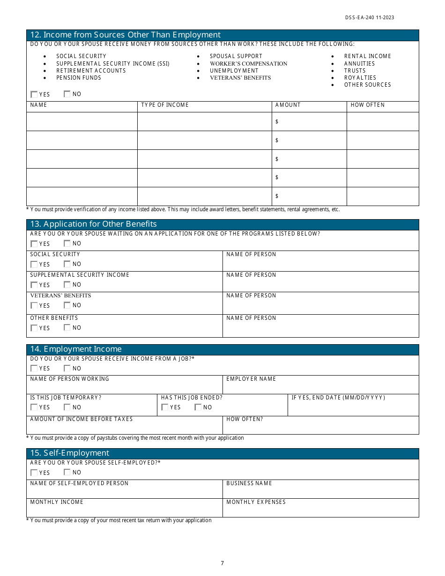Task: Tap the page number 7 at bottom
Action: coord(222,563)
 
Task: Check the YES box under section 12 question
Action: coord(34,94)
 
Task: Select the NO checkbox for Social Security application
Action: coord(67,264)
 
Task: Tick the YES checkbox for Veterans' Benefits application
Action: coord(34,305)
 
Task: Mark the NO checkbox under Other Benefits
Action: coord(67,328)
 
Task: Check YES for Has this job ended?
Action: coord(165,407)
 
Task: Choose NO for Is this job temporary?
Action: coord(67,407)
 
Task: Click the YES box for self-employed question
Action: coord(34,473)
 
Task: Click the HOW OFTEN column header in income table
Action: coord(368,105)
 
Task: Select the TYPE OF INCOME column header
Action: coord(165,105)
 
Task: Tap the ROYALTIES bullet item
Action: coord(360,78)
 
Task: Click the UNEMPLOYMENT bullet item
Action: coord(234,71)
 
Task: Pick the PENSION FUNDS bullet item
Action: coord(79,78)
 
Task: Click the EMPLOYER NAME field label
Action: coord(251,379)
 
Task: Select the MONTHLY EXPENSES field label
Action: coord(256,502)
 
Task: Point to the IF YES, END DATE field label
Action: coord(338,398)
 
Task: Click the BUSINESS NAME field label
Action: coord(249,483)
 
